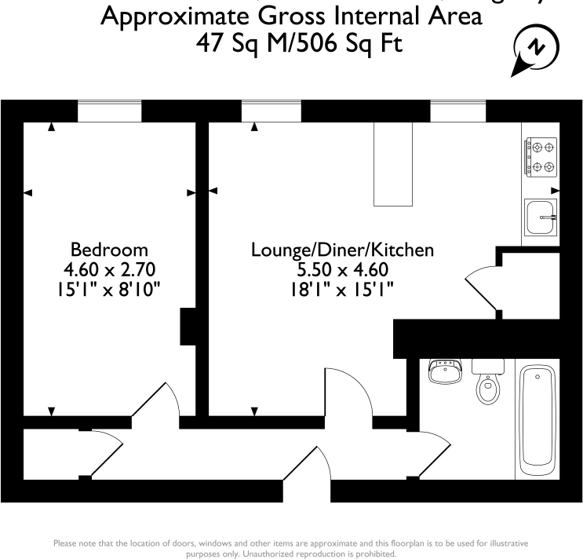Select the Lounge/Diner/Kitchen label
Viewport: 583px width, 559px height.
342,250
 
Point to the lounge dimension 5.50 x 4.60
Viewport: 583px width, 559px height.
342,271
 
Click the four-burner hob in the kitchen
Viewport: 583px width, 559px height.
540,156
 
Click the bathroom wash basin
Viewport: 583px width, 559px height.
446,372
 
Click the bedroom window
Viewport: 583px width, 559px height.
110,111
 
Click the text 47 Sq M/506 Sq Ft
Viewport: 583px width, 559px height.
300,44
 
